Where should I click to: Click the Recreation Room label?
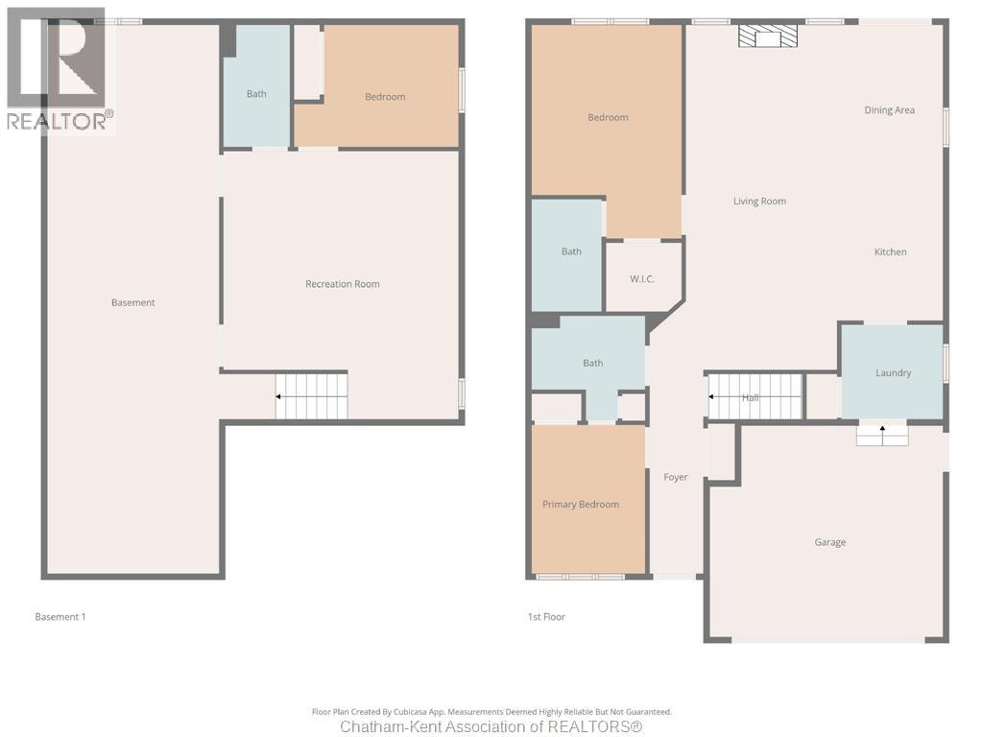click(343, 284)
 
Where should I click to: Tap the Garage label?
click(830, 542)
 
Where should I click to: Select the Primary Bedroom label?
click(581, 505)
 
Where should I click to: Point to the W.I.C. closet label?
click(642, 279)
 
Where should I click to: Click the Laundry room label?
click(893, 373)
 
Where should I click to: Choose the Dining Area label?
click(889, 110)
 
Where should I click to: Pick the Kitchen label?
click(890, 252)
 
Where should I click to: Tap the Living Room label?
click(759, 202)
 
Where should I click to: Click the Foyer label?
click(675, 478)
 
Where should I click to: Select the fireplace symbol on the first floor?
click(768, 36)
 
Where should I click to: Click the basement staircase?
click(312, 396)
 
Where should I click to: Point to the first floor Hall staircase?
click(755, 396)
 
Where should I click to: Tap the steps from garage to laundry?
click(882, 435)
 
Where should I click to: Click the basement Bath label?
click(255, 94)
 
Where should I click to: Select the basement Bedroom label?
click(385, 97)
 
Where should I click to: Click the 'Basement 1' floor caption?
click(60, 617)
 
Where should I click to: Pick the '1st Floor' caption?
click(546, 617)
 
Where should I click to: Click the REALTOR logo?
click(60, 70)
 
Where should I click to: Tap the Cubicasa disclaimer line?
click(491, 712)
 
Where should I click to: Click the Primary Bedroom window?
click(580, 577)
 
